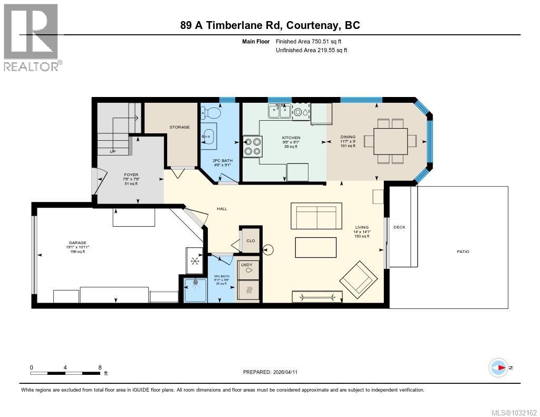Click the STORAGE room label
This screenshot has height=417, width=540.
[179, 127]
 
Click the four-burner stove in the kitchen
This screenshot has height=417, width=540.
[253, 146]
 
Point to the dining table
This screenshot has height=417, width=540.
[391, 141]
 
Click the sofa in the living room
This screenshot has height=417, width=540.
[314, 216]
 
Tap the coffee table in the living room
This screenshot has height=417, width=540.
[315, 246]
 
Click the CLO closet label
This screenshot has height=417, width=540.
[250, 241]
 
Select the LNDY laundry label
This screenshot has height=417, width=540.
[247, 265]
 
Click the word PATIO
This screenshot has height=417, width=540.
[462, 252]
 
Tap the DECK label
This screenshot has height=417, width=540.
[399, 227]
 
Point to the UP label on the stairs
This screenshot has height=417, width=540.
[112, 152]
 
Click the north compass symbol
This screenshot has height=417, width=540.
[498, 367]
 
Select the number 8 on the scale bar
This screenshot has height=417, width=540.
[100, 367]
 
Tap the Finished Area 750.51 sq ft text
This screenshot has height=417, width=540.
[312, 41]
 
